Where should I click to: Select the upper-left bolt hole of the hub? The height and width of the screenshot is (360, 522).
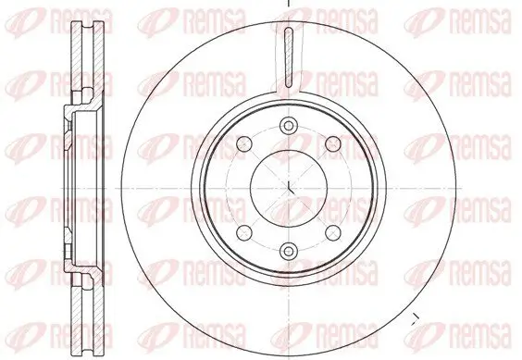tap(244, 143)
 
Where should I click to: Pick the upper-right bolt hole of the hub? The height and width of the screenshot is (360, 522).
tap(330, 143)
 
